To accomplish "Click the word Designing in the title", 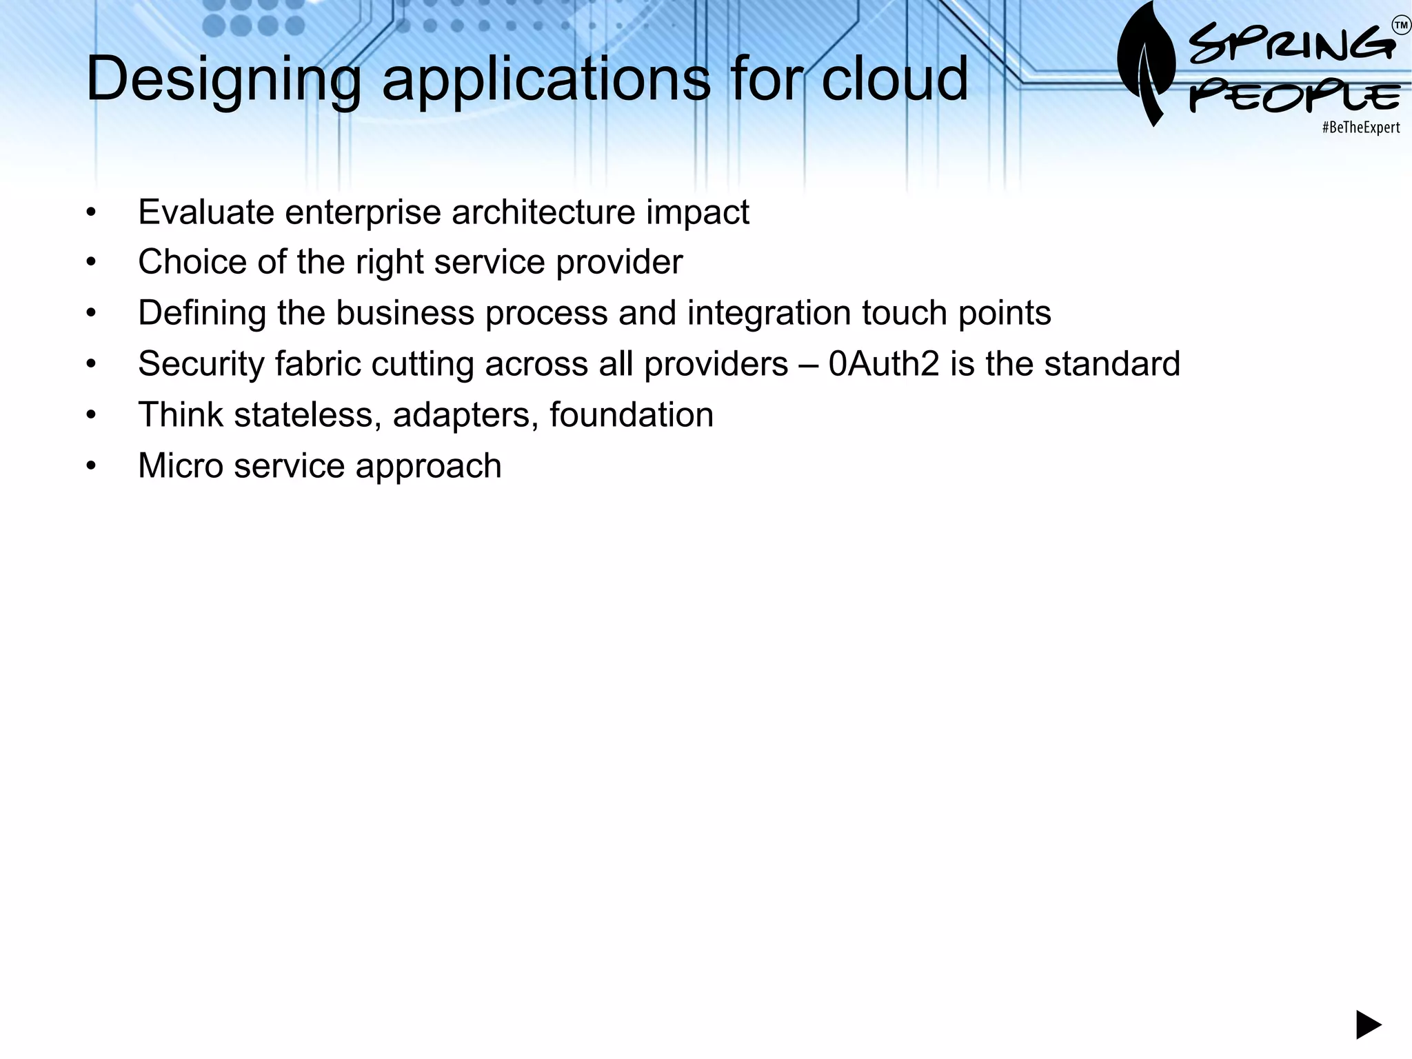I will (x=223, y=80).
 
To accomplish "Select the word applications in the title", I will (x=546, y=80).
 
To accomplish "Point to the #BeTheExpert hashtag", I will (x=1360, y=128).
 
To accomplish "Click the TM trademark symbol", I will (x=1401, y=26).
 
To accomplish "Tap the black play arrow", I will (x=1369, y=1025).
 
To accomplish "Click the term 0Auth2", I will (x=884, y=364).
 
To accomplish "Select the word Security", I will (x=201, y=364).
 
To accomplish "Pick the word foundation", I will (x=631, y=415).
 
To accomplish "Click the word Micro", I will (x=180, y=466).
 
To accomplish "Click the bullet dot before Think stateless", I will (x=91, y=416).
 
